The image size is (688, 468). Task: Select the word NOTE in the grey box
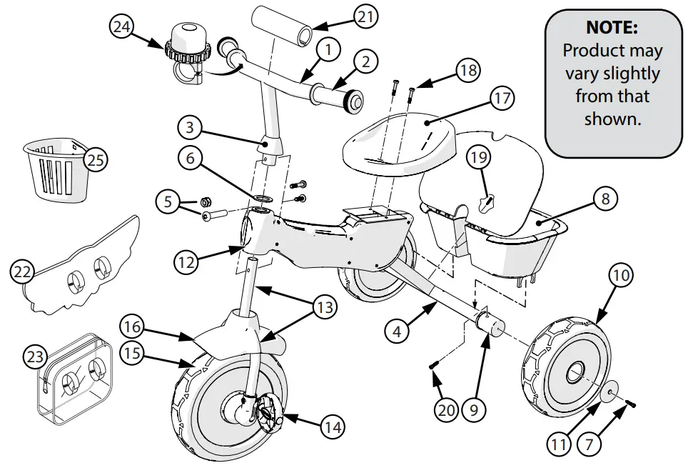point(611,29)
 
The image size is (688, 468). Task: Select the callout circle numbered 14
point(329,427)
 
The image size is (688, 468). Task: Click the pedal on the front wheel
point(269,411)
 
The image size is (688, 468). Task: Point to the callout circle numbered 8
point(605,199)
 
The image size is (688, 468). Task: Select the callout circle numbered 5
point(169,202)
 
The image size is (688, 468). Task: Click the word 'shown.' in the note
point(612,119)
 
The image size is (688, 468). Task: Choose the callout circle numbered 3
point(191,129)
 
